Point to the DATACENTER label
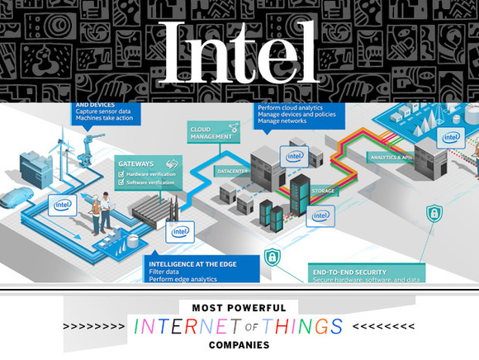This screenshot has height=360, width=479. click(x=234, y=171)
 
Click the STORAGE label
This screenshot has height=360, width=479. click(x=323, y=191)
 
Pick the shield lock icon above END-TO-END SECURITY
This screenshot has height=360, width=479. click(x=272, y=257)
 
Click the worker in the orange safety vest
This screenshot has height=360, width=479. click(x=96, y=211)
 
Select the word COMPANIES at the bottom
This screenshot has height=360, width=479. click(x=239, y=344)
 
